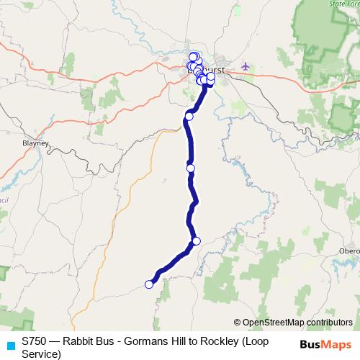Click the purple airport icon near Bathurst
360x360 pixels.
point(246,66)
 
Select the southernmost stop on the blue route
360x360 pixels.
point(149,284)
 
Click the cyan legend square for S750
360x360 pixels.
point(10,346)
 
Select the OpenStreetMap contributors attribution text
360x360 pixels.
point(297,323)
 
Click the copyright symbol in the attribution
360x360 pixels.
point(238,323)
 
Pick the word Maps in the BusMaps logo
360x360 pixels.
point(336,345)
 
